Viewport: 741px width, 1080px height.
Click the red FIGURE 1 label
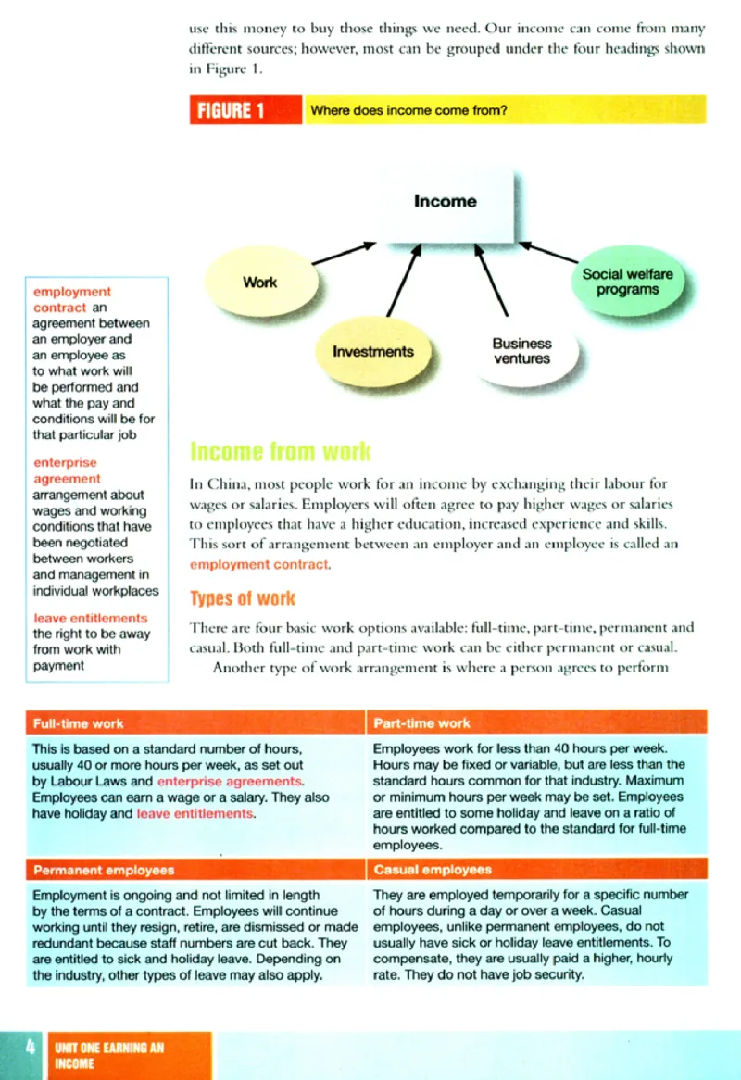pyautogui.click(x=245, y=111)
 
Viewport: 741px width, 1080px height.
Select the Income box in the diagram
pyautogui.click(x=446, y=201)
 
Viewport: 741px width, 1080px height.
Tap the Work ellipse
pyautogui.click(x=259, y=282)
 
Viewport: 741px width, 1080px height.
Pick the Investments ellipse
pyautogui.click(x=372, y=352)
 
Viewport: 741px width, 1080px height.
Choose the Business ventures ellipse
pyautogui.click(x=521, y=351)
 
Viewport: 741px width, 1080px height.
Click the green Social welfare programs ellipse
pyautogui.click(x=627, y=282)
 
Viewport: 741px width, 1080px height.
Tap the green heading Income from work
pyautogui.click(x=280, y=452)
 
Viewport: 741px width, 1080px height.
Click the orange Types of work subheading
pyautogui.click(x=243, y=598)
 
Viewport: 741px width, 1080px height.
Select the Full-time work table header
pyautogui.click(x=78, y=723)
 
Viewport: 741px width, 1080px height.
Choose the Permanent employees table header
pyautogui.click(x=104, y=871)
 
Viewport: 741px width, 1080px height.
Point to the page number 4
pyautogui.click(x=31, y=1047)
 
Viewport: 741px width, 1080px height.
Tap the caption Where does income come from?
pyautogui.click(x=408, y=111)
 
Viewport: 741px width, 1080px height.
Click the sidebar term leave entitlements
pyautogui.click(x=91, y=618)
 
